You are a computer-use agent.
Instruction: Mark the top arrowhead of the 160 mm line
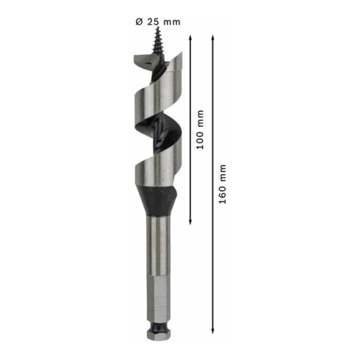213,37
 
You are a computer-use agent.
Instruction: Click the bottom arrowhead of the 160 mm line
213,333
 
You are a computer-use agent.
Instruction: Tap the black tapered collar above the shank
159,198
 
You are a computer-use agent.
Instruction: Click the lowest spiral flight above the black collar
157,173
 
